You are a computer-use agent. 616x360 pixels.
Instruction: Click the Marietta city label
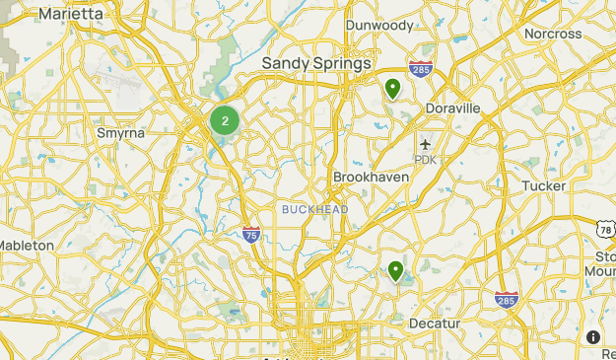[x=71, y=14]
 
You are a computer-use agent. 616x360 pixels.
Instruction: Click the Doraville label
[x=452, y=108]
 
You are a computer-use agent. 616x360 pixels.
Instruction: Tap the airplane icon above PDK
[x=426, y=144]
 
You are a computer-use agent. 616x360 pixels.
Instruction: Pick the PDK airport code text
[x=425, y=160]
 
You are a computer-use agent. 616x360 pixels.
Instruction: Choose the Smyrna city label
[x=121, y=132]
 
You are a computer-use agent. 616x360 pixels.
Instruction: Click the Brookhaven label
[x=371, y=177]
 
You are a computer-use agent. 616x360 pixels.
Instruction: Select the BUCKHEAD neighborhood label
[x=314, y=209]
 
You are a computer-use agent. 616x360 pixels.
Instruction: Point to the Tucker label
[x=543, y=185]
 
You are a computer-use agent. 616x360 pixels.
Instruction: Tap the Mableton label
[x=27, y=245]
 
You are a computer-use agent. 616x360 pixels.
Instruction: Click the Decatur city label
[x=436, y=324]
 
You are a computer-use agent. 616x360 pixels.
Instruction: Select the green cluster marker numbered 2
[x=225, y=121]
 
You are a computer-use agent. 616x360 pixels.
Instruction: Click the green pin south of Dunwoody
[x=392, y=89]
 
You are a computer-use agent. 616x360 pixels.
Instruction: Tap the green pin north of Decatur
[x=396, y=269]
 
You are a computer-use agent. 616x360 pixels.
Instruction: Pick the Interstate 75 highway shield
[x=251, y=234]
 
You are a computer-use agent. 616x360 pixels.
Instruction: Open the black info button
[x=593, y=337]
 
